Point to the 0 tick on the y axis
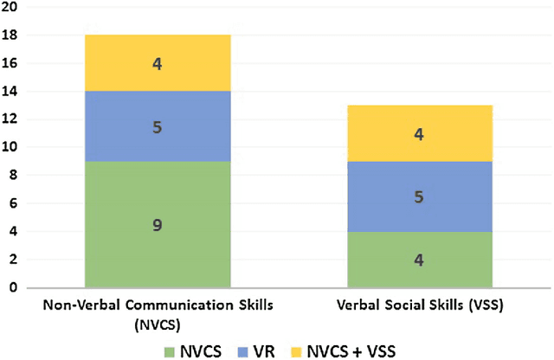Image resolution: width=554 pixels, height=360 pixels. coord(12,287)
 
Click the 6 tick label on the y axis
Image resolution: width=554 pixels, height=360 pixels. coord(12,203)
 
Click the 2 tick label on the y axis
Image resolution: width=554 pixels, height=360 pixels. coord(12,260)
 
